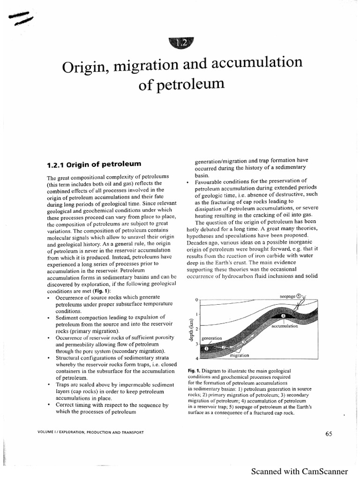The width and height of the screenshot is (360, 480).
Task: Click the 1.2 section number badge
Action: point(180,43)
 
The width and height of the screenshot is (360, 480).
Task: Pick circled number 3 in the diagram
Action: point(244,342)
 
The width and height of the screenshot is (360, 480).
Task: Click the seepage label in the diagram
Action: point(287,296)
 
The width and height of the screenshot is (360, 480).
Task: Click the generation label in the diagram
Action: point(211,337)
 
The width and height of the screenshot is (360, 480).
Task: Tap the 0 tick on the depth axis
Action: point(197,299)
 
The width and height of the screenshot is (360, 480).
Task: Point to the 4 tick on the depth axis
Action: point(197,359)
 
